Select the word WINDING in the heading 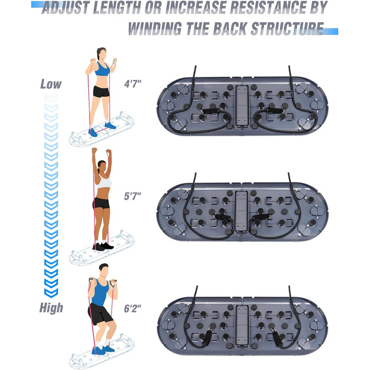tap(155, 29)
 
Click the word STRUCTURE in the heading tap(287, 29)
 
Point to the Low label tap(51, 84)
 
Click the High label tap(51, 308)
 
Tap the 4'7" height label tap(133, 84)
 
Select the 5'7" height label tap(133, 196)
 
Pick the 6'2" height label tap(133, 308)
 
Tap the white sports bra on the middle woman tap(104, 182)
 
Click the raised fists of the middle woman tap(101, 151)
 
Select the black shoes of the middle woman tap(103, 246)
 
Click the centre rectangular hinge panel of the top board tap(242, 106)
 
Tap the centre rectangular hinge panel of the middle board tap(241, 211)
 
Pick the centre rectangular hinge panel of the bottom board tap(242, 326)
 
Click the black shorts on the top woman tap(101, 91)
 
